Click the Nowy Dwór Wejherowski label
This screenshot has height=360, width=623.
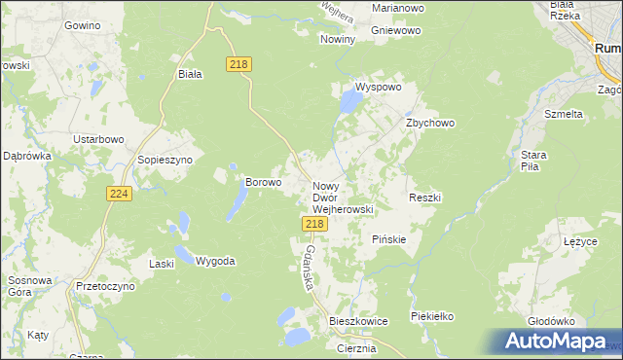point(343,197)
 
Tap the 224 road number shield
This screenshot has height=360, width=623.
point(119,195)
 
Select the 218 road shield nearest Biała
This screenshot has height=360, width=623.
point(239,63)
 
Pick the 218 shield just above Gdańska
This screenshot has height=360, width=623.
point(313,224)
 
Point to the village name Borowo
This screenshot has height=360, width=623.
point(263,182)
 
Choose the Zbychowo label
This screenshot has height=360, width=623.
point(430,124)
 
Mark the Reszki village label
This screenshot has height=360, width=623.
point(425,198)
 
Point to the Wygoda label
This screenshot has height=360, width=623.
point(215,261)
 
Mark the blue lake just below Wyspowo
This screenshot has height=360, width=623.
point(348,100)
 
